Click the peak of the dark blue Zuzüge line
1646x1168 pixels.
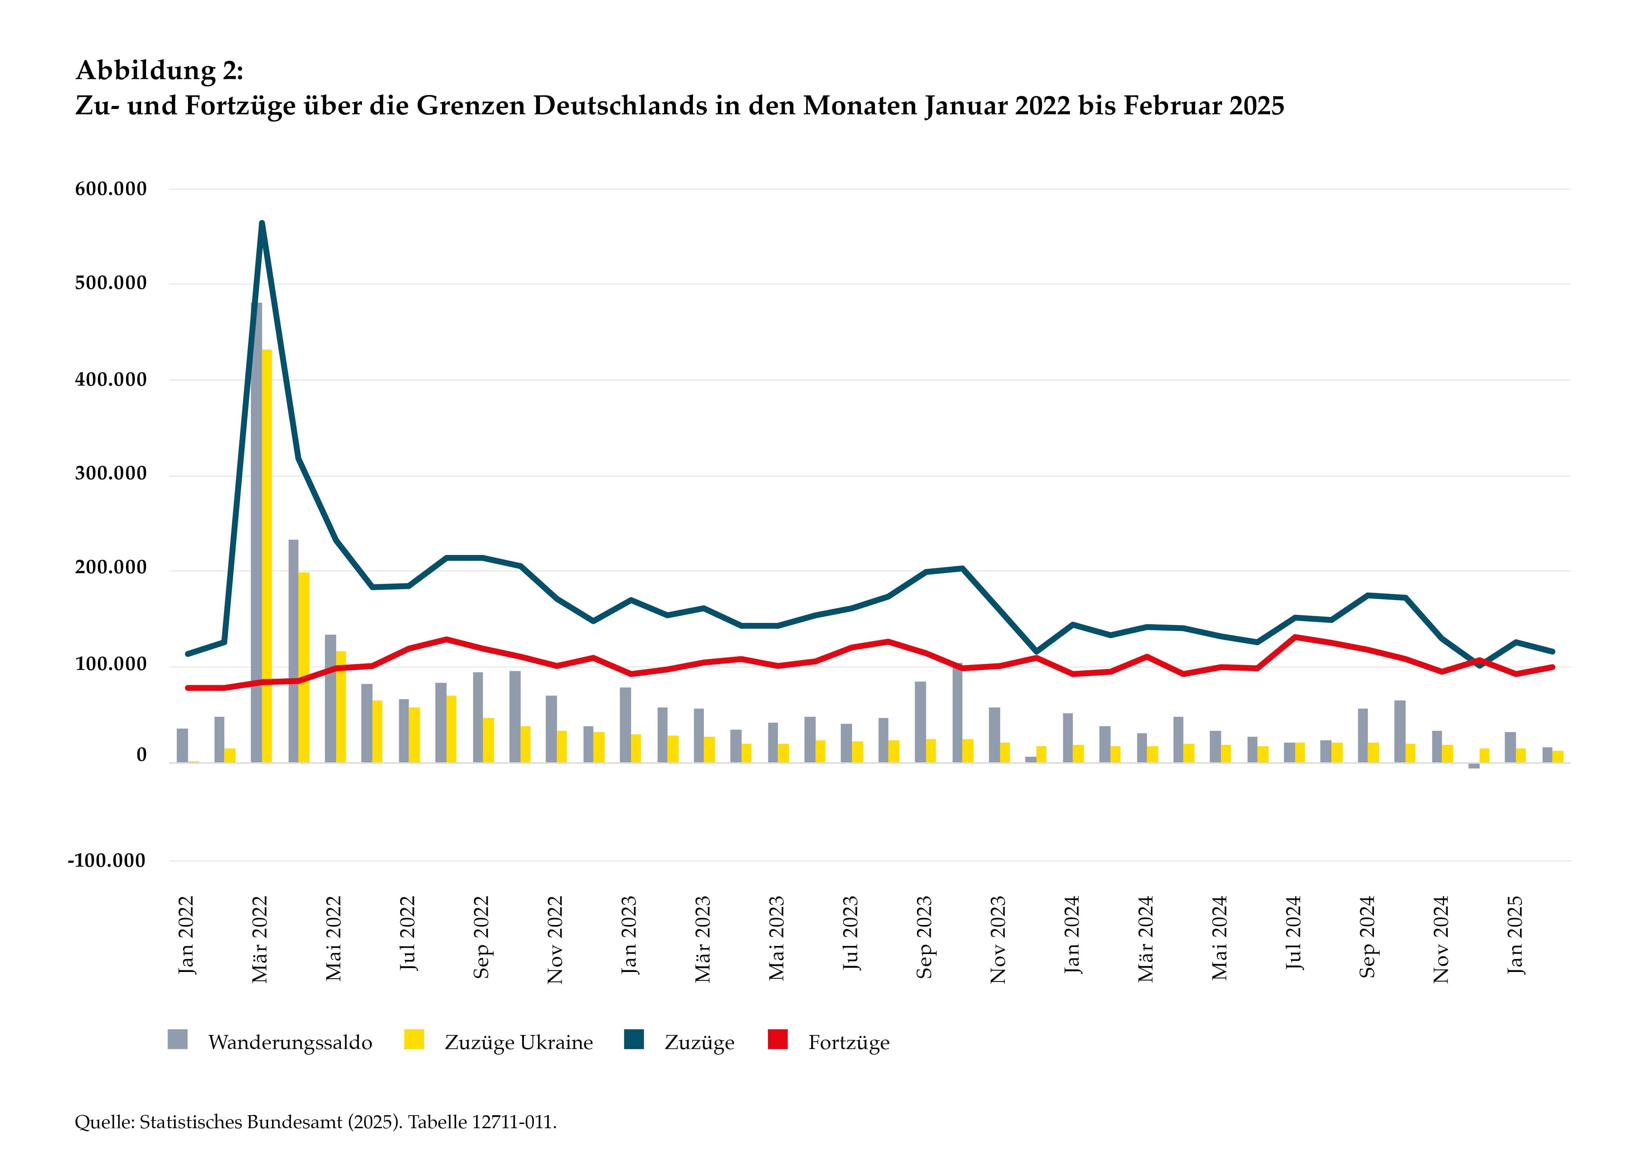262,224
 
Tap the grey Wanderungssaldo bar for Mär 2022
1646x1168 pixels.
256,532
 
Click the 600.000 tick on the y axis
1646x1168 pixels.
111,189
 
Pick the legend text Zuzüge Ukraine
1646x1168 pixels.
518,1043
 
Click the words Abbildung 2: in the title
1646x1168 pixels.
160,70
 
